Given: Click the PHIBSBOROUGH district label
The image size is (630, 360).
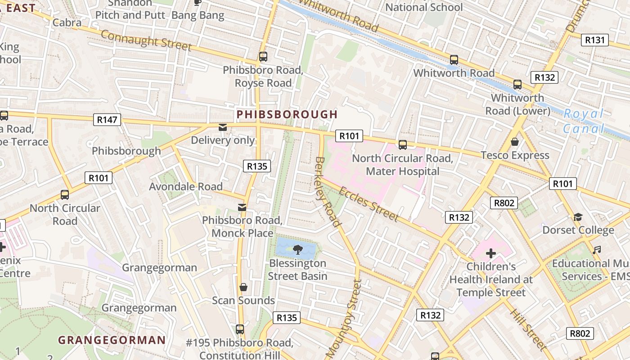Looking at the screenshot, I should (287, 114).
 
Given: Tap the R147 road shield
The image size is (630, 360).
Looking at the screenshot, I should (107, 120).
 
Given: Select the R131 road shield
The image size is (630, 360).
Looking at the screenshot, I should (594, 40).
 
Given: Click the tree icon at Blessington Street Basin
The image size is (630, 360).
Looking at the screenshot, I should (297, 249).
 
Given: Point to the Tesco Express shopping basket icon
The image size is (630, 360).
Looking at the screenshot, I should (515, 142).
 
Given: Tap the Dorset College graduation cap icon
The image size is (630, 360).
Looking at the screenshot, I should (578, 217).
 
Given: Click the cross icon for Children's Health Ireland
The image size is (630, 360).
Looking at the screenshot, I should (490, 253).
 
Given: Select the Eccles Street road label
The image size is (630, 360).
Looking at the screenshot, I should (368, 204).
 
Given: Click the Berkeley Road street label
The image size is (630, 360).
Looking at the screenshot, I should (328, 191).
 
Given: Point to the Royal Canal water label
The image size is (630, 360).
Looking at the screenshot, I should (584, 121).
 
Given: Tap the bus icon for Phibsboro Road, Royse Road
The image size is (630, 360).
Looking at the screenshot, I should (263, 57).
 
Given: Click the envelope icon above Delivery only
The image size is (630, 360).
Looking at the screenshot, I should (223, 128).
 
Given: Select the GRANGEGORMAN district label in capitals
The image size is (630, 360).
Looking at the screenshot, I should (112, 340).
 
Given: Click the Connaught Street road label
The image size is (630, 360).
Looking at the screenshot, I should (146, 40).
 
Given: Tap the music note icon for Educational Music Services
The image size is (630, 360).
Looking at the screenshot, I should (597, 250).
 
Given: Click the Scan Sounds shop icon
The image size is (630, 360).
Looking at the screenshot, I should (243, 287).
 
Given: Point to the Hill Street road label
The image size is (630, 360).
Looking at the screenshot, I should (528, 329).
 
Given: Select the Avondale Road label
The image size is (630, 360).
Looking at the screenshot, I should (186, 186).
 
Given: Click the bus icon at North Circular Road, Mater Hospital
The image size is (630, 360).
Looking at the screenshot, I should (402, 145).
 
